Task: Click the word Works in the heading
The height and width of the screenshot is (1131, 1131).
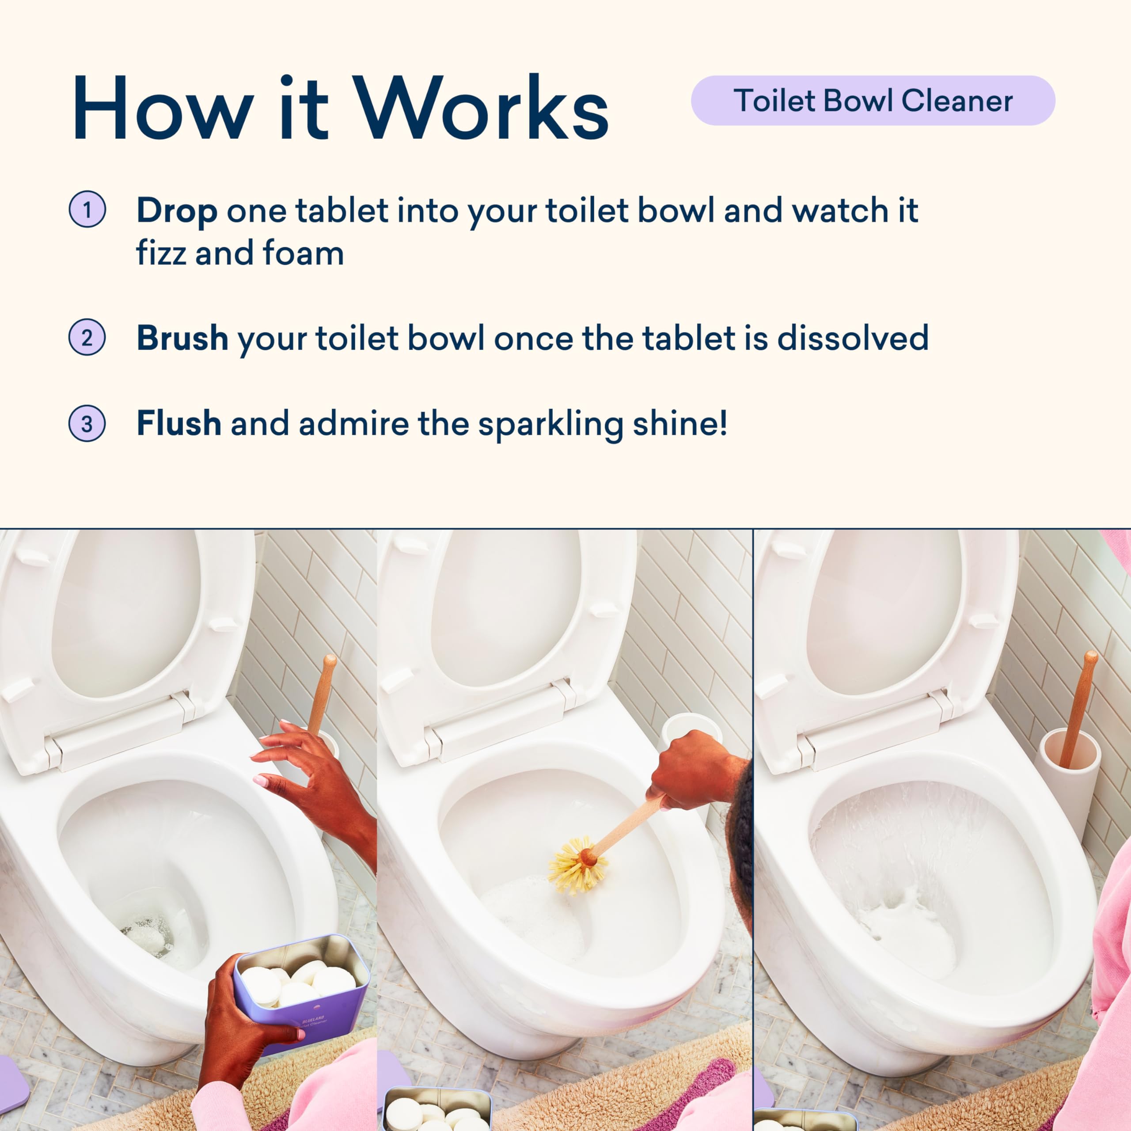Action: (482, 108)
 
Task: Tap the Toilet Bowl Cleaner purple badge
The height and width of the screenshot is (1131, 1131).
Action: (873, 100)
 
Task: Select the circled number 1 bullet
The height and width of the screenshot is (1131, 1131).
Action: (87, 209)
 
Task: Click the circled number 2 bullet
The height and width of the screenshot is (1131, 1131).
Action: (87, 338)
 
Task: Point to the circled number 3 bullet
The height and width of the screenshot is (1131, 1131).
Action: (87, 423)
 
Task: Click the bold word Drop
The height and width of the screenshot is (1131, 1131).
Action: (177, 211)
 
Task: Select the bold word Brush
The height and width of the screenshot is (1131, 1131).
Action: (182, 338)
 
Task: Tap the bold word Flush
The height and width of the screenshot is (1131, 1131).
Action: (178, 423)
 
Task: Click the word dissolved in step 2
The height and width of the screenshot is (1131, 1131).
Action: (853, 338)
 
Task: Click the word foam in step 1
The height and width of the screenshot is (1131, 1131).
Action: (303, 253)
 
